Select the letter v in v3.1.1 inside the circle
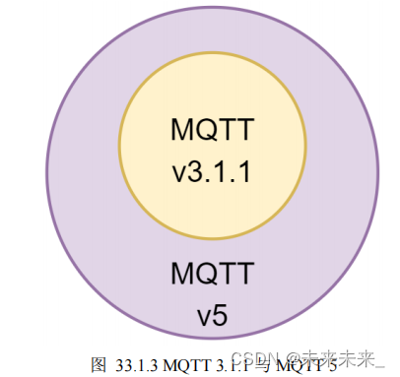click(x=178, y=173)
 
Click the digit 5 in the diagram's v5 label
click(x=221, y=318)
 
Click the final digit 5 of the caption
click(x=332, y=364)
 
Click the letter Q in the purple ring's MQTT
click(x=204, y=272)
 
